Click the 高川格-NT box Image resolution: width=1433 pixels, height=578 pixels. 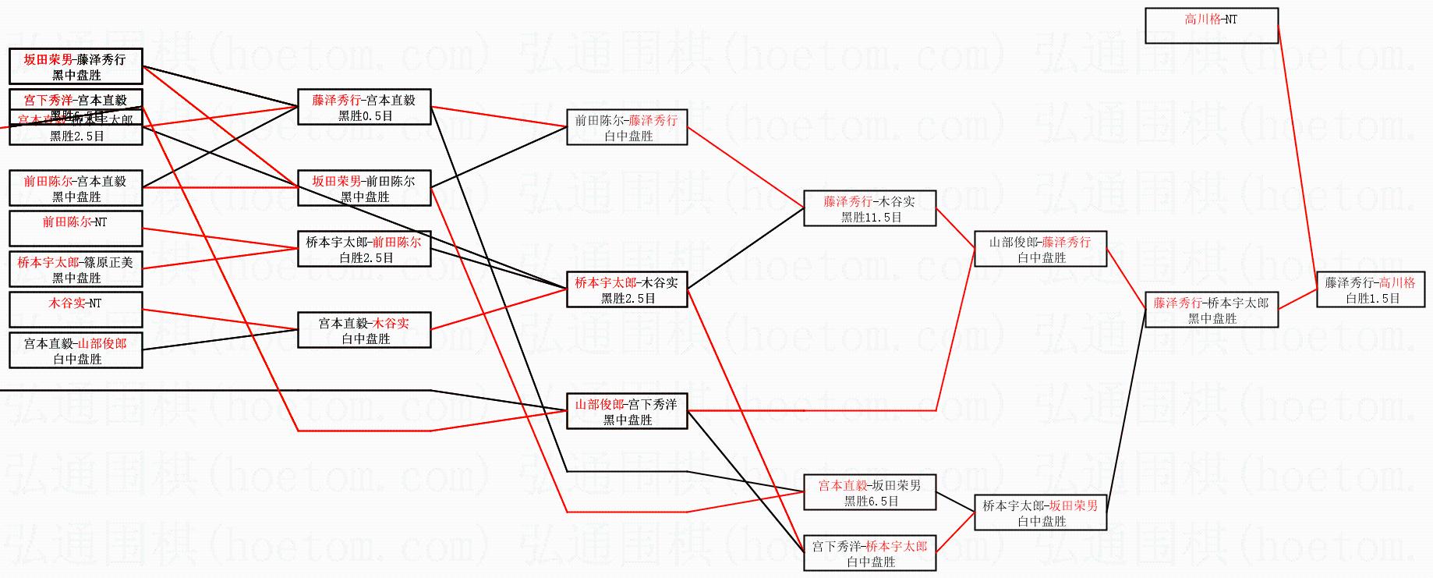tap(1211, 26)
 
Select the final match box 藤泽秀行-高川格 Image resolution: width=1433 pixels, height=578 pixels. tap(1371, 290)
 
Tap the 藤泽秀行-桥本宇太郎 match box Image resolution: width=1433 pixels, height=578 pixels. tap(1211, 310)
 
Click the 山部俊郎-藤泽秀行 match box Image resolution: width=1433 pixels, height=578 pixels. tap(1041, 250)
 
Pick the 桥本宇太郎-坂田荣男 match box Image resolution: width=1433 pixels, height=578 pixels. tap(1041, 513)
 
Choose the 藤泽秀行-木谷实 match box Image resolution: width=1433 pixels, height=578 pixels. tap(869, 209)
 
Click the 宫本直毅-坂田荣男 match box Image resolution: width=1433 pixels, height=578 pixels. tap(869, 493)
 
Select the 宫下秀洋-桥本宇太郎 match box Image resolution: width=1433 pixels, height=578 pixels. tap(869, 554)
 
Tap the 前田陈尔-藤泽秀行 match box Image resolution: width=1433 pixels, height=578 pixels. tap(627, 128)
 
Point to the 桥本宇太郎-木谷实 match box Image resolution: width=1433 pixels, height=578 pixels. tap(627, 290)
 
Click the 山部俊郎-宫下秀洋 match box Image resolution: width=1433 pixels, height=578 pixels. tap(627, 412)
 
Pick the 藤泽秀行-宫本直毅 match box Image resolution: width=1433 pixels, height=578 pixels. tap(364, 108)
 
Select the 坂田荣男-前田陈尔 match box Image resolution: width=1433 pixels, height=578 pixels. tap(364, 189)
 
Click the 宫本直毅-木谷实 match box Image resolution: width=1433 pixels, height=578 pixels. tap(364, 331)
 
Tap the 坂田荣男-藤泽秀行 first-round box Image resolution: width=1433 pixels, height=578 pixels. tap(76, 66)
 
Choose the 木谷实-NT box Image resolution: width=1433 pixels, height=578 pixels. tap(76, 310)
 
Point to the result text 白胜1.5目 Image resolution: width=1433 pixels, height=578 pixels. tap(1372, 298)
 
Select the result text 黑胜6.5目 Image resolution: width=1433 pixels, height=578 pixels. tap(871, 502)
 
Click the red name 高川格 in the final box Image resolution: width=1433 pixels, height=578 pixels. tap(1397, 282)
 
